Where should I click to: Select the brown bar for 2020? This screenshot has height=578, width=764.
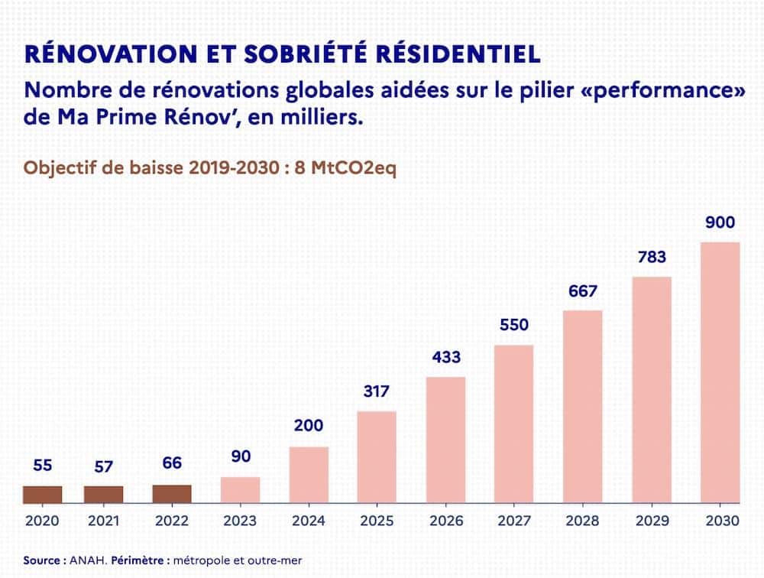click(x=42, y=495)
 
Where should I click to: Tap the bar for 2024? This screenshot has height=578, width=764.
click(x=309, y=475)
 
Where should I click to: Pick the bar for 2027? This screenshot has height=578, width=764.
click(x=514, y=424)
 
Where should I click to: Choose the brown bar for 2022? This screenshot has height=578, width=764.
click(x=172, y=494)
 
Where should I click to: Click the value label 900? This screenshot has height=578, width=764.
click(x=720, y=223)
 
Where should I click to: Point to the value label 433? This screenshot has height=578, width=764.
click(x=445, y=357)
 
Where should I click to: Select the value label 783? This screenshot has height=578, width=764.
click(x=651, y=257)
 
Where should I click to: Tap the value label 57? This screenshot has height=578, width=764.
click(x=103, y=466)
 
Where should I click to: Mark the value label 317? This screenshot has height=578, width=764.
click(x=377, y=391)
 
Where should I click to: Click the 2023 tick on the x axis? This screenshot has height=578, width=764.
click(x=240, y=521)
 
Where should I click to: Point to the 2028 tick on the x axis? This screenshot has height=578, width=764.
click(x=582, y=521)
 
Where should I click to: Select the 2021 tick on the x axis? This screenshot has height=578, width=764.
click(x=103, y=521)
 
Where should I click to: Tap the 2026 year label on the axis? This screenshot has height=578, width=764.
click(x=445, y=521)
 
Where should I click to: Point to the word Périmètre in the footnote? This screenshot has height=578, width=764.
click(x=138, y=560)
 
